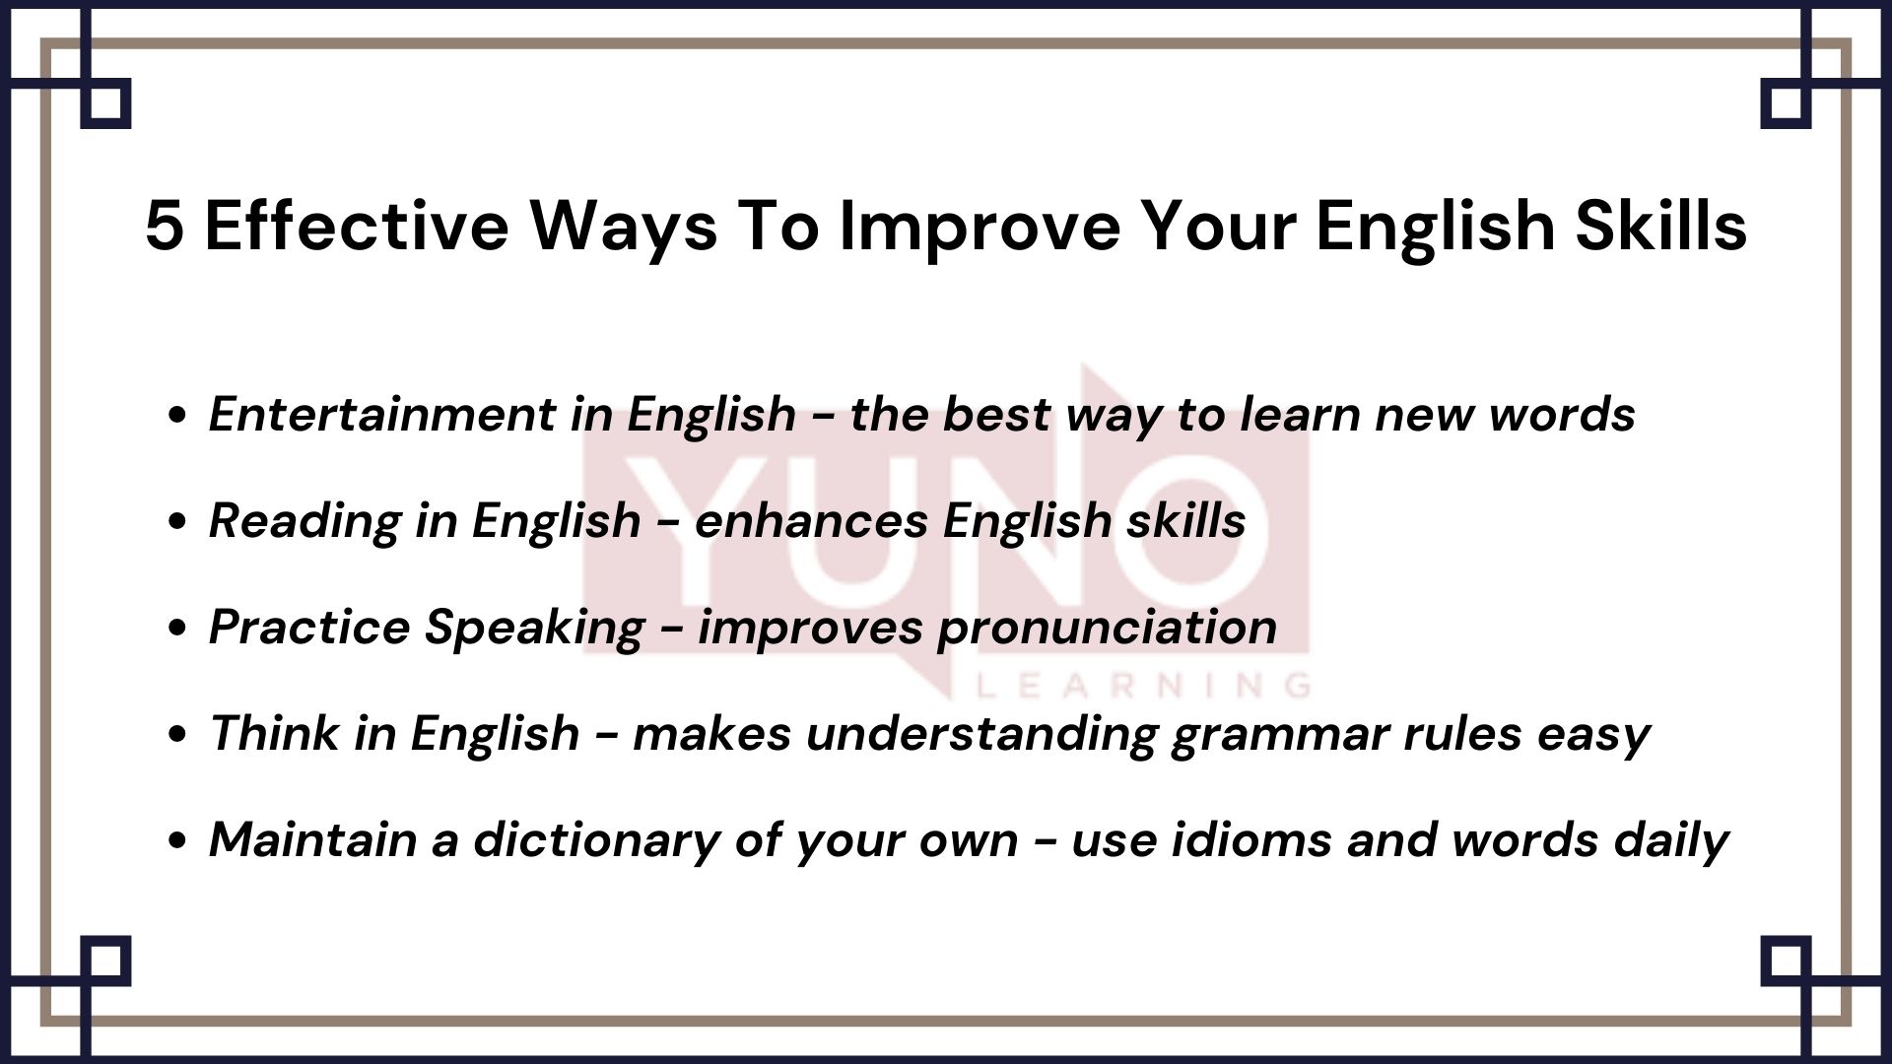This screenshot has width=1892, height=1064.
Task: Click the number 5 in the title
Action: [x=164, y=227]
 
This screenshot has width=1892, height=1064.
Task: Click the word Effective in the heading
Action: [x=357, y=227]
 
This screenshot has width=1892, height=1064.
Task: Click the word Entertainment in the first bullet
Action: [x=381, y=414]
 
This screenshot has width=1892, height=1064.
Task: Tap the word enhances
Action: [x=811, y=521]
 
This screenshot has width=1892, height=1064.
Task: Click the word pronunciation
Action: [x=1107, y=628]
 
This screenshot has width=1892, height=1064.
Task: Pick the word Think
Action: [x=273, y=734]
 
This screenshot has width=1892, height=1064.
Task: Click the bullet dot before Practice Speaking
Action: [x=178, y=629]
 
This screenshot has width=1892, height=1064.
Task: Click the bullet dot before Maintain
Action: [x=178, y=841]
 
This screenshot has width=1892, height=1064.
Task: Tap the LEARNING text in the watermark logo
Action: [x=1143, y=685]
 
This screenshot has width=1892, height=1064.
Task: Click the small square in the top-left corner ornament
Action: [x=105, y=103]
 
